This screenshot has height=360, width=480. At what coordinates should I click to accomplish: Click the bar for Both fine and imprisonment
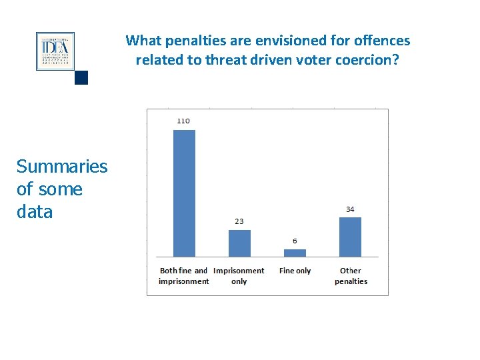[x=184, y=193]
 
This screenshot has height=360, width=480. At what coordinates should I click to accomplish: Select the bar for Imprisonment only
[x=239, y=243]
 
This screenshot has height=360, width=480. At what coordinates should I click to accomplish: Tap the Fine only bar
[x=295, y=253]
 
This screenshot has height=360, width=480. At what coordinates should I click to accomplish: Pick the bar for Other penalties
[x=350, y=237]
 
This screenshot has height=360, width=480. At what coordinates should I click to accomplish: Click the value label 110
[x=183, y=121]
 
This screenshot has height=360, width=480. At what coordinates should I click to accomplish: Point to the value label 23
[x=239, y=221]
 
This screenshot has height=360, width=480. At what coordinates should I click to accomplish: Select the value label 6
[x=295, y=241]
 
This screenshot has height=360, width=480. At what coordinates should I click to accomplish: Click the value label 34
[x=350, y=209]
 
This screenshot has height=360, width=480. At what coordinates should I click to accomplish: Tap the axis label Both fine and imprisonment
[x=184, y=276]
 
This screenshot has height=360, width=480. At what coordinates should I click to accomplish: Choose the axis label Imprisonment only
[x=239, y=276]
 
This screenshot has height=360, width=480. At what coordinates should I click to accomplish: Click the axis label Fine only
[x=295, y=271]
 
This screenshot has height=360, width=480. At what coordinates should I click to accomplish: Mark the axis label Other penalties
[x=351, y=276]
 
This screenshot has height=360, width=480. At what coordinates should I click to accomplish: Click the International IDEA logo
[x=55, y=51]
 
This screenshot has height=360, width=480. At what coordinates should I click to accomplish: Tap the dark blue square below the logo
[x=81, y=78]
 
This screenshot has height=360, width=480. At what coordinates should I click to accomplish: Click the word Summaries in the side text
[x=61, y=166]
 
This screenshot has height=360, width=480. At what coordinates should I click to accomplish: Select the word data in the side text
[x=35, y=212]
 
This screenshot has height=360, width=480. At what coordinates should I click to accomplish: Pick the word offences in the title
[x=385, y=41]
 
